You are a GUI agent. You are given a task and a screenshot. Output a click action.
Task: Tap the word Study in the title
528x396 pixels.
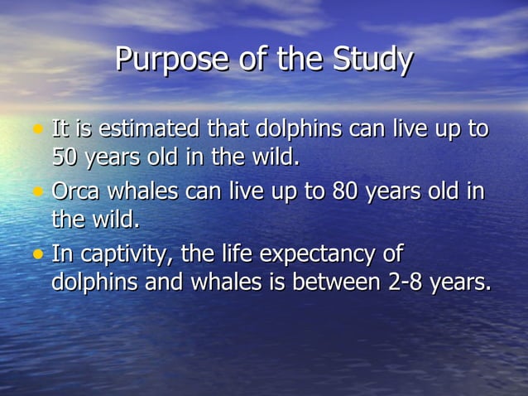click(x=372, y=60)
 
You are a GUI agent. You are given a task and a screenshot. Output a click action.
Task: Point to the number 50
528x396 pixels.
click(x=64, y=156)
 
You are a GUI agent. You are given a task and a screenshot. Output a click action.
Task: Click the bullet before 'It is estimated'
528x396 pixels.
click(x=36, y=130)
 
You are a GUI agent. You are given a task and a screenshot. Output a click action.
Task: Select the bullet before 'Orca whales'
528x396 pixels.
click(x=36, y=192)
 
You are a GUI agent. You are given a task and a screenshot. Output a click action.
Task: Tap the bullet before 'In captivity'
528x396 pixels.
click(x=36, y=254)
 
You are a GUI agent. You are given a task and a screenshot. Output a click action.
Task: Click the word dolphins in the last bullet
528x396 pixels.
click(x=94, y=281)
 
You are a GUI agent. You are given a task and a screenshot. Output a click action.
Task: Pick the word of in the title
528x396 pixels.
click(x=262, y=60)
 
